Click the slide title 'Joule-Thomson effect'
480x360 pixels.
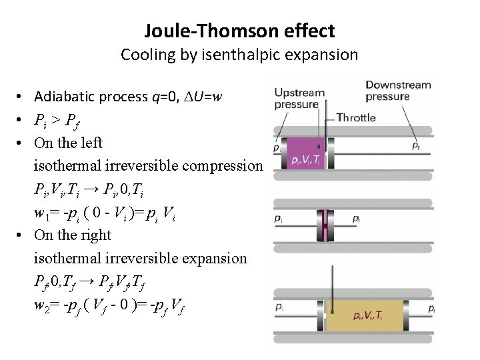[x=239, y=30]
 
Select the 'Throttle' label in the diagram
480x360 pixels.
[x=356, y=117]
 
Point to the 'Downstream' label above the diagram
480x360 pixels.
[x=398, y=85]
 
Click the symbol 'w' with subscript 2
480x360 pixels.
[x=39, y=304]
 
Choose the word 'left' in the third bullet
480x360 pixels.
[x=92, y=143]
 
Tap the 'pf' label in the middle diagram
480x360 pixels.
[x=356, y=219]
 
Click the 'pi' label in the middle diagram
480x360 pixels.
[x=277, y=218]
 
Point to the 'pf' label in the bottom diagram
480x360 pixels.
[x=432, y=309]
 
